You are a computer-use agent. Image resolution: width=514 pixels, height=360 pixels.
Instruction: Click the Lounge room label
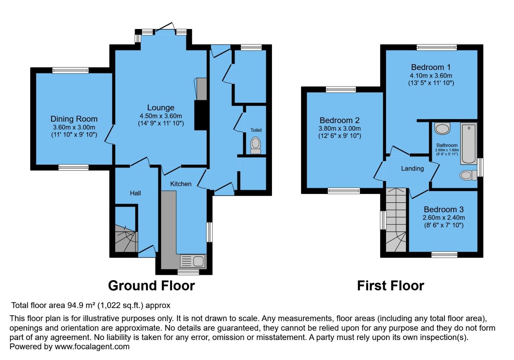[161, 108]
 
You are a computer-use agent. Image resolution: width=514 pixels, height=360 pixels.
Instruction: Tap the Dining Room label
[74, 119]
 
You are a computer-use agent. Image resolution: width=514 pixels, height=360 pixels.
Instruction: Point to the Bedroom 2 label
[340, 120]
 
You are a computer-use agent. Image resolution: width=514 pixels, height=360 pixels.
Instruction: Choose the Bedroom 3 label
[443, 209]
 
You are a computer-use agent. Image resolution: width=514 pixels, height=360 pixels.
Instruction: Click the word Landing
[412, 169]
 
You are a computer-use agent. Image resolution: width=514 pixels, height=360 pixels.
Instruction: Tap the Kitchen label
[181, 184]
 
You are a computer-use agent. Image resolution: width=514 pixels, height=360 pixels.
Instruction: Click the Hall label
[135, 193]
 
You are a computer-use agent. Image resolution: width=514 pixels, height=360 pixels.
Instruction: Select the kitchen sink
[193, 261]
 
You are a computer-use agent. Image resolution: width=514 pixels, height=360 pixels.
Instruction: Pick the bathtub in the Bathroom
[468, 143]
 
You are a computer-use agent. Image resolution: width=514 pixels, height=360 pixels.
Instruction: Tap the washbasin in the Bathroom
[442, 128]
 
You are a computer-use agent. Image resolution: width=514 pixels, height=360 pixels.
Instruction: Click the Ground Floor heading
[151, 286]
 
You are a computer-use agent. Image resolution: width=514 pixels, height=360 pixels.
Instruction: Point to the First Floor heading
[390, 286]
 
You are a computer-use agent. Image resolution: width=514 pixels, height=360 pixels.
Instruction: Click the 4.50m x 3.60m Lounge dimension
[161, 116]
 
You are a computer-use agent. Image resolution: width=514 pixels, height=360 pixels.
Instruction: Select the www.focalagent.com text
[92, 347]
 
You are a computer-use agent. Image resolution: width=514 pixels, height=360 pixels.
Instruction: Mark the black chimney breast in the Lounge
[201, 115]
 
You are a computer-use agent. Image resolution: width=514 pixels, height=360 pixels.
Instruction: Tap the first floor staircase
[396, 220]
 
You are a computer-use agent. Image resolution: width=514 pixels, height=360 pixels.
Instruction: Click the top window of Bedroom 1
[436, 47]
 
